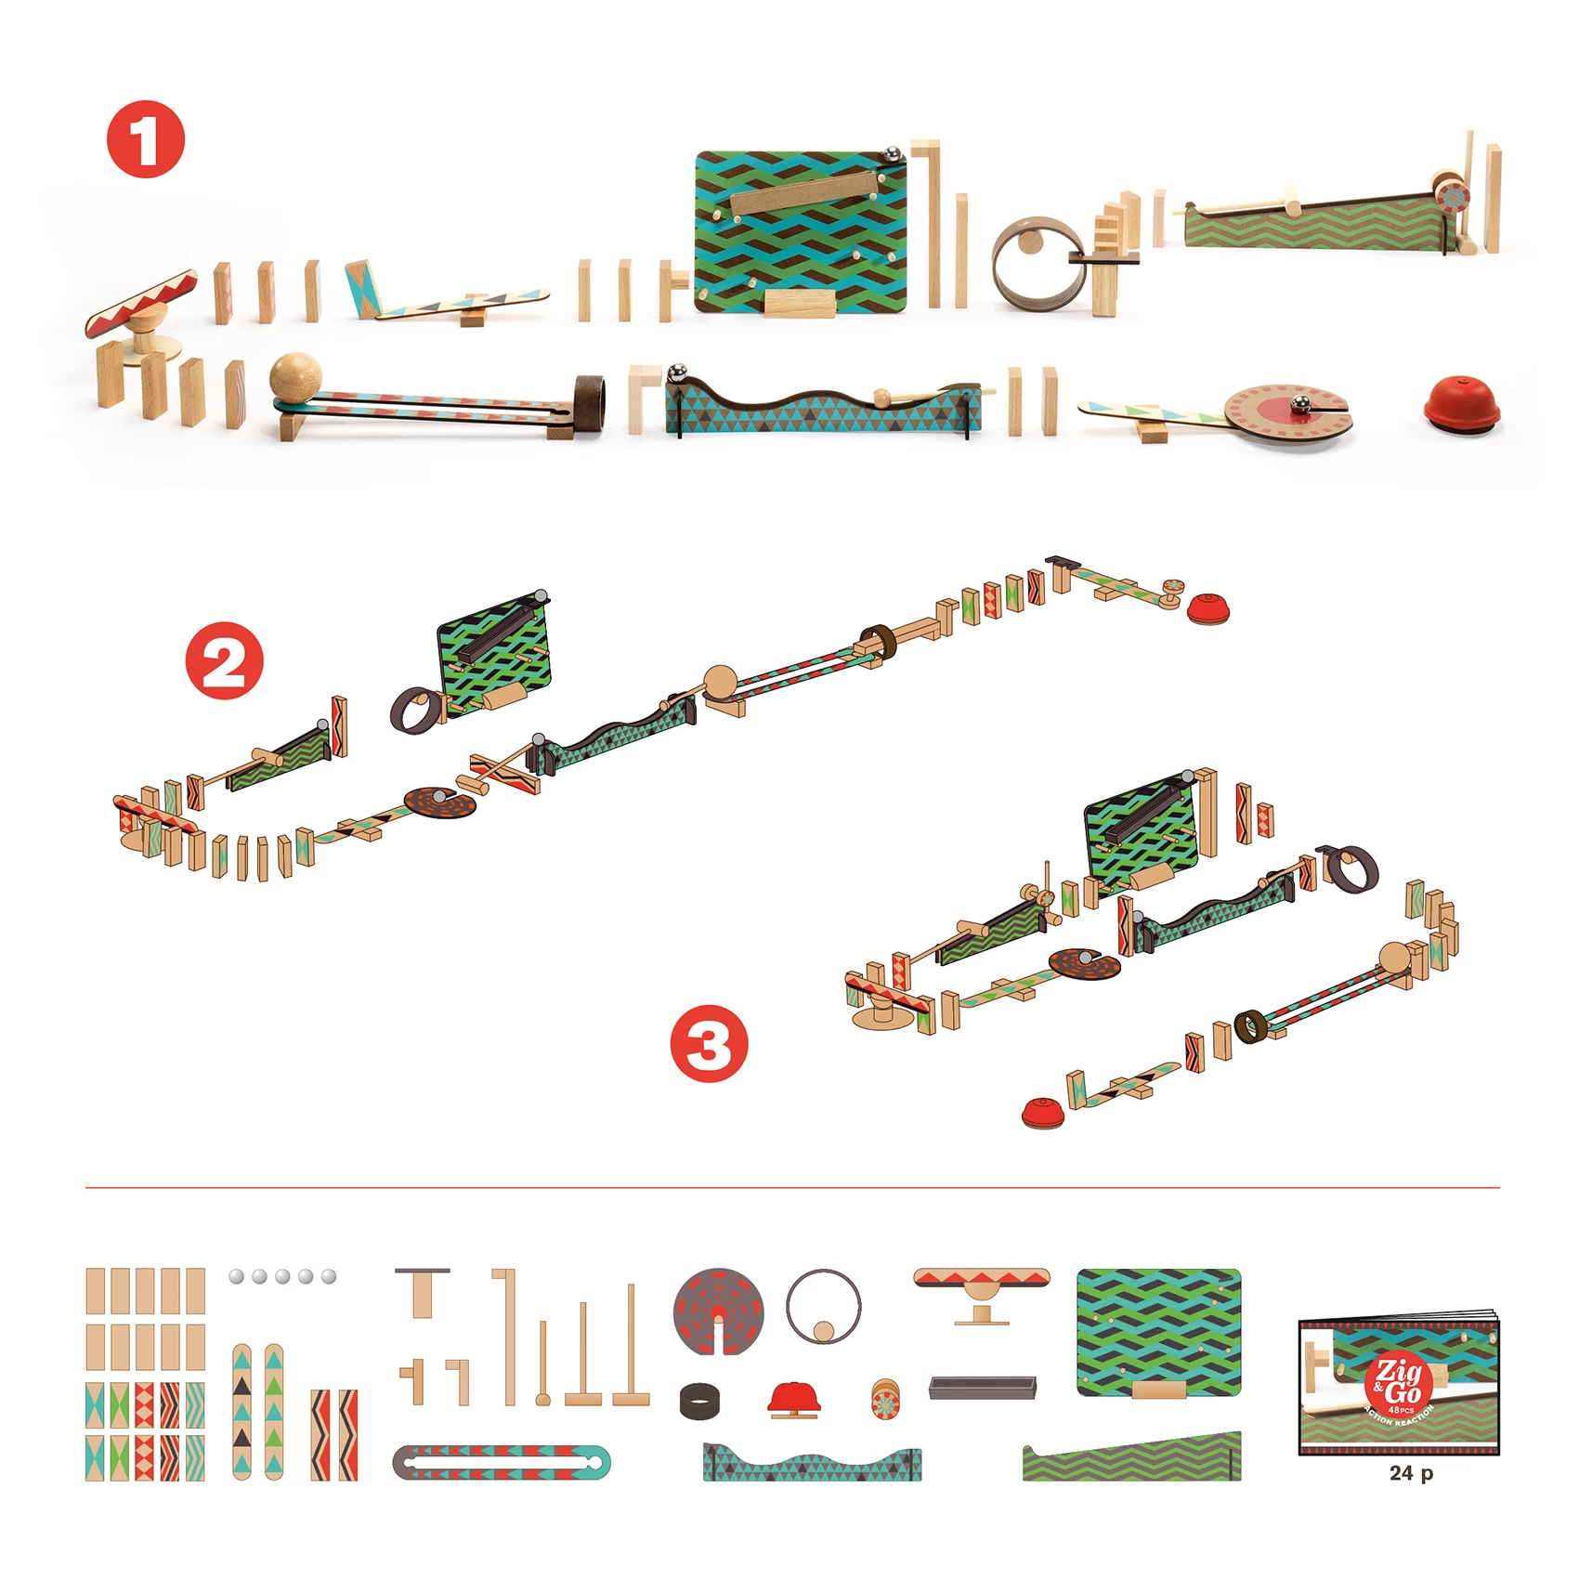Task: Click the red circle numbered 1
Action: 146,139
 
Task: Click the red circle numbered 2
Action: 224,660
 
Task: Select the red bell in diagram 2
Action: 1210,608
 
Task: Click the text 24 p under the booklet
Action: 1410,1473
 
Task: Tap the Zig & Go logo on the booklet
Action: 1397,1381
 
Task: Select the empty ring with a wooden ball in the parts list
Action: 823,1307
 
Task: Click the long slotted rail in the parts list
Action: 502,1462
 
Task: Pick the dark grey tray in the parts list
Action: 982,1388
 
